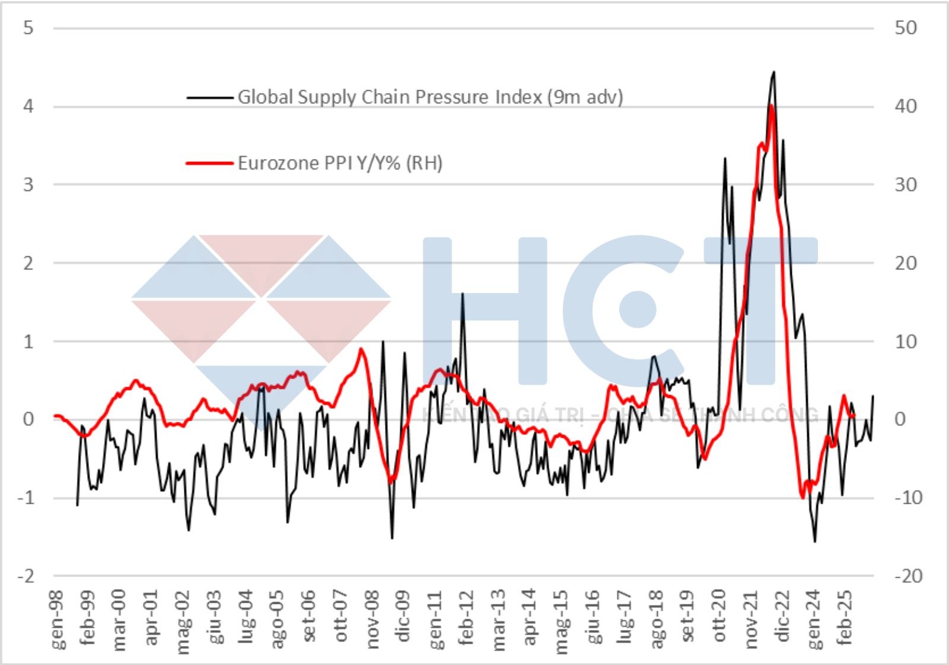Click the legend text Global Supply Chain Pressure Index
coord(430,97)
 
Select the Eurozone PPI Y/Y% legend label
coord(340,163)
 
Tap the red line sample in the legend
coord(209,163)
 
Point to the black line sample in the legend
coord(209,97)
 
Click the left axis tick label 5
coord(28,28)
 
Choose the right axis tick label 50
coord(906,28)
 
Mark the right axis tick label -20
coord(907,576)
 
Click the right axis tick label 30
coord(906,184)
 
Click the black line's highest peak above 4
coord(773,72)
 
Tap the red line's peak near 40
coord(770,106)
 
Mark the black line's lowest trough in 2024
coord(815,542)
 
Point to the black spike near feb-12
coord(462,294)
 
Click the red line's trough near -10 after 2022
coord(802,497)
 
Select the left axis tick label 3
coord(28,184)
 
